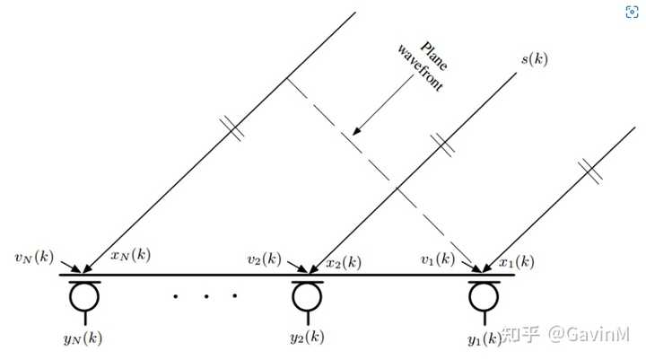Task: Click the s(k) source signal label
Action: [537, 59]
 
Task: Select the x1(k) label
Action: [517, 262]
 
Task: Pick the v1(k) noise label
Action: [437, 259]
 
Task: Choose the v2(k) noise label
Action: [265, 259]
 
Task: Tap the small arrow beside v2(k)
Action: [296, 266]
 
